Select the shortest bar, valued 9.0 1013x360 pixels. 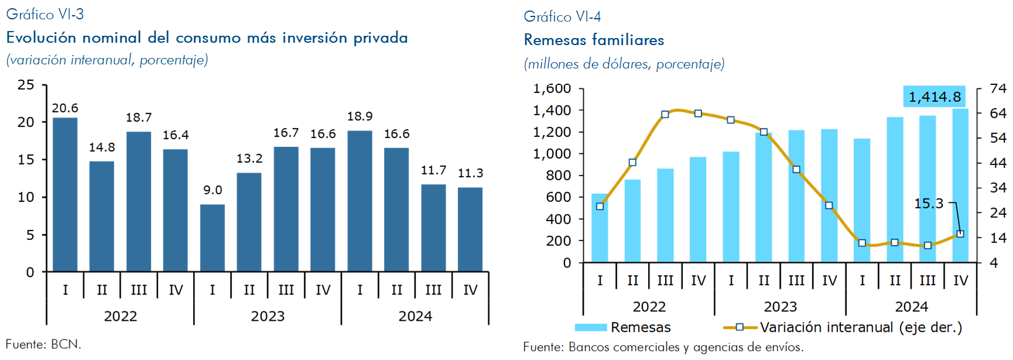coord(213,238)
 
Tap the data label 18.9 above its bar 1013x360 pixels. coord(360,116)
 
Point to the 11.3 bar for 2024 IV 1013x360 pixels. coord(470,229)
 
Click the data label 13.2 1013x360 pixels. coord(249,159)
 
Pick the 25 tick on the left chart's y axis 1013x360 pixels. coord(26,85)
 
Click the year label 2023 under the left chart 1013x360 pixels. coord(268,316)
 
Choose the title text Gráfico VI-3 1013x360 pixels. coord(45,15)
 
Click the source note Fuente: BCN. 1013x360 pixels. coord(43,344)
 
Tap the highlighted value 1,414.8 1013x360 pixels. coord(935,97)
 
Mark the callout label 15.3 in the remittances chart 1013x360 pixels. coord(929,204)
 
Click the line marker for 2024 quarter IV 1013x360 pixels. coord(960,234)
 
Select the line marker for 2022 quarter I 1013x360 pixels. coord(600,206)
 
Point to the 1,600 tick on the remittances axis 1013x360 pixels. coord(552,88)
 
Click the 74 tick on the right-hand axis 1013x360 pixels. coord(998,88)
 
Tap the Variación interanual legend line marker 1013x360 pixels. coord(740,327)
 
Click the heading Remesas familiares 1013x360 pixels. coord(594,40)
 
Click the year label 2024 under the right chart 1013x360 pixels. coord(911,307)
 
